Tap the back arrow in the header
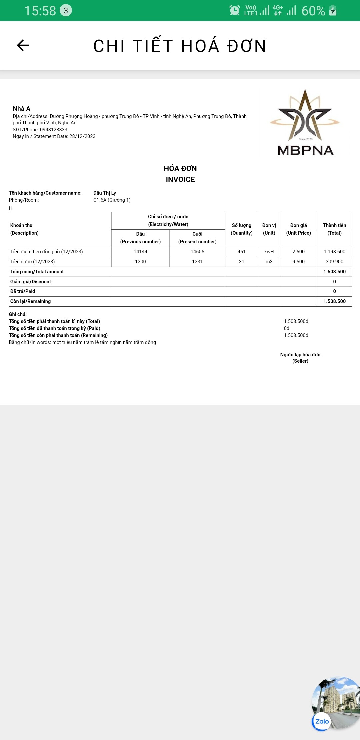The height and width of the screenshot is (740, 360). point(23,45)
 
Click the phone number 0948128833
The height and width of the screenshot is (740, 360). point(53,130)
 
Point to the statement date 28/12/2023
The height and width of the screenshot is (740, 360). point(82,136)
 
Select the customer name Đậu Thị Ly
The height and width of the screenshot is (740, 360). point(105,193)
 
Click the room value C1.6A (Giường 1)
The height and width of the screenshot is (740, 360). point(112,200)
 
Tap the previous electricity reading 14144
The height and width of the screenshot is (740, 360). point(140,252)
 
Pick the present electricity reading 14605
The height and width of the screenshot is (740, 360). point(197,252)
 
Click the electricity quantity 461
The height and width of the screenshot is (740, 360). point(241,252)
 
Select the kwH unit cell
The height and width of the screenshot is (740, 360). point(269,252)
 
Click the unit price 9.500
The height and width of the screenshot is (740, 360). point(298,262)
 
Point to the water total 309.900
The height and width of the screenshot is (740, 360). point(334,262)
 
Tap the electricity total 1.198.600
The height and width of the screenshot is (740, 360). point(334,252)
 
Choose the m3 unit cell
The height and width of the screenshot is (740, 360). point(269,262)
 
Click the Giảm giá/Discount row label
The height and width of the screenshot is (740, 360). point(31,282)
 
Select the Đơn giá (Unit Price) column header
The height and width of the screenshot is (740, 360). point(298,229)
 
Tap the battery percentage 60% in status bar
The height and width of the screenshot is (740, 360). point(313,11)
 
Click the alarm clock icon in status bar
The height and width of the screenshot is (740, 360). point(235,10)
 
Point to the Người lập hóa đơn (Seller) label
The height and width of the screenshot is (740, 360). point(300,358)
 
